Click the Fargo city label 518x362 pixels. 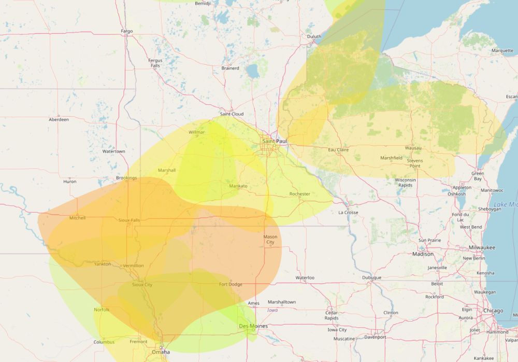point(127,31)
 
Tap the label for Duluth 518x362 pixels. point(314,36)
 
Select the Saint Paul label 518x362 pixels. point(275,141)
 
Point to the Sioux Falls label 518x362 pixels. point(129,220)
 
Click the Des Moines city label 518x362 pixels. point(253,326)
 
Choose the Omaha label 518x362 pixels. point(161,352)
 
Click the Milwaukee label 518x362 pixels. point(482,247)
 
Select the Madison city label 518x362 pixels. point(423,254)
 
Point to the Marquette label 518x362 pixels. point(502,51)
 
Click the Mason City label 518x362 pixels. point(270,240)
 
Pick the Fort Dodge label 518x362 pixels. point(231,284)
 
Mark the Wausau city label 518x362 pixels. point(413,148)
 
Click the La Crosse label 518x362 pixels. point(348,212)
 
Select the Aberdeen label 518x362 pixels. point(59,119)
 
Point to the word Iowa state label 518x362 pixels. point(272,310)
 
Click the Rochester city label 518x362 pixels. point(299,194)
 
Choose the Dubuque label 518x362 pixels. point(371,277)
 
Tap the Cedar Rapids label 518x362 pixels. point(332,315)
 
